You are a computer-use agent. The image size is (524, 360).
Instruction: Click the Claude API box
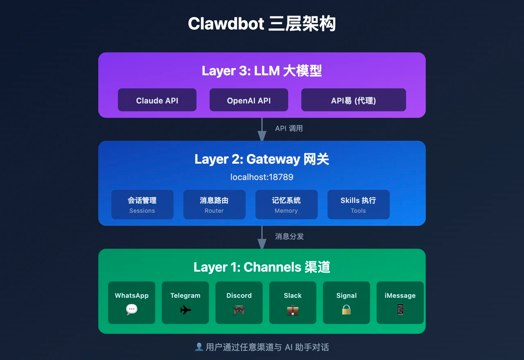click(157, 100)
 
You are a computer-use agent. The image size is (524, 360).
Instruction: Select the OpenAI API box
click(249, 100)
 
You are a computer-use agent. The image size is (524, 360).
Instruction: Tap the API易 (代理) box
click(354, 100)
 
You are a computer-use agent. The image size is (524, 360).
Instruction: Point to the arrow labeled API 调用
click(262, 130)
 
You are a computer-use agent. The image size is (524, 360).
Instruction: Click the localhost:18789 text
click(262, 177)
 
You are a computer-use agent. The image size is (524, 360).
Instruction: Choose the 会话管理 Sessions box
click(142, 205)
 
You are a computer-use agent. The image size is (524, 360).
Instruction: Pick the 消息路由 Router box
click(215, 205)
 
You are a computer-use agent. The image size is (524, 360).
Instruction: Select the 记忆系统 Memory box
click(287, 205)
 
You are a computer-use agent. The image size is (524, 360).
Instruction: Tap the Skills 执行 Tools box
click(359, 205)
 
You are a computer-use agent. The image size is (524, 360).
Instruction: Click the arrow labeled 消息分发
click(262, 238)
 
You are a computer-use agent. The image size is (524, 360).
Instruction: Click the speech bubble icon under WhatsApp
click(132, 310)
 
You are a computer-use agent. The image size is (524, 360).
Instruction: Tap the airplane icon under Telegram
click(185, 310)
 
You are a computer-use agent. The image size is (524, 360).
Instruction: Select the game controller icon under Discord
click(239, 310)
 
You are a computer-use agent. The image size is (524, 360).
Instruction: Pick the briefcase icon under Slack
click(293, 310)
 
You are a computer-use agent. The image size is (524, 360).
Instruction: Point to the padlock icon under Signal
click(346, 310)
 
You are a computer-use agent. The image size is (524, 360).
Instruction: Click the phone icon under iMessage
click(400, 310)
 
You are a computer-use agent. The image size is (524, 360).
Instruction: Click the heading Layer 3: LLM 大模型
click(262, 71)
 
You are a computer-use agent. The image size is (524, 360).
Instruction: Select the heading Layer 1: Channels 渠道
click(262, 267)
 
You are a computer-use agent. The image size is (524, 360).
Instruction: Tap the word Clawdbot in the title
click(226, 24)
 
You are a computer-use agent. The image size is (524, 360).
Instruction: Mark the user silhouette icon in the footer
click(199, 347)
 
